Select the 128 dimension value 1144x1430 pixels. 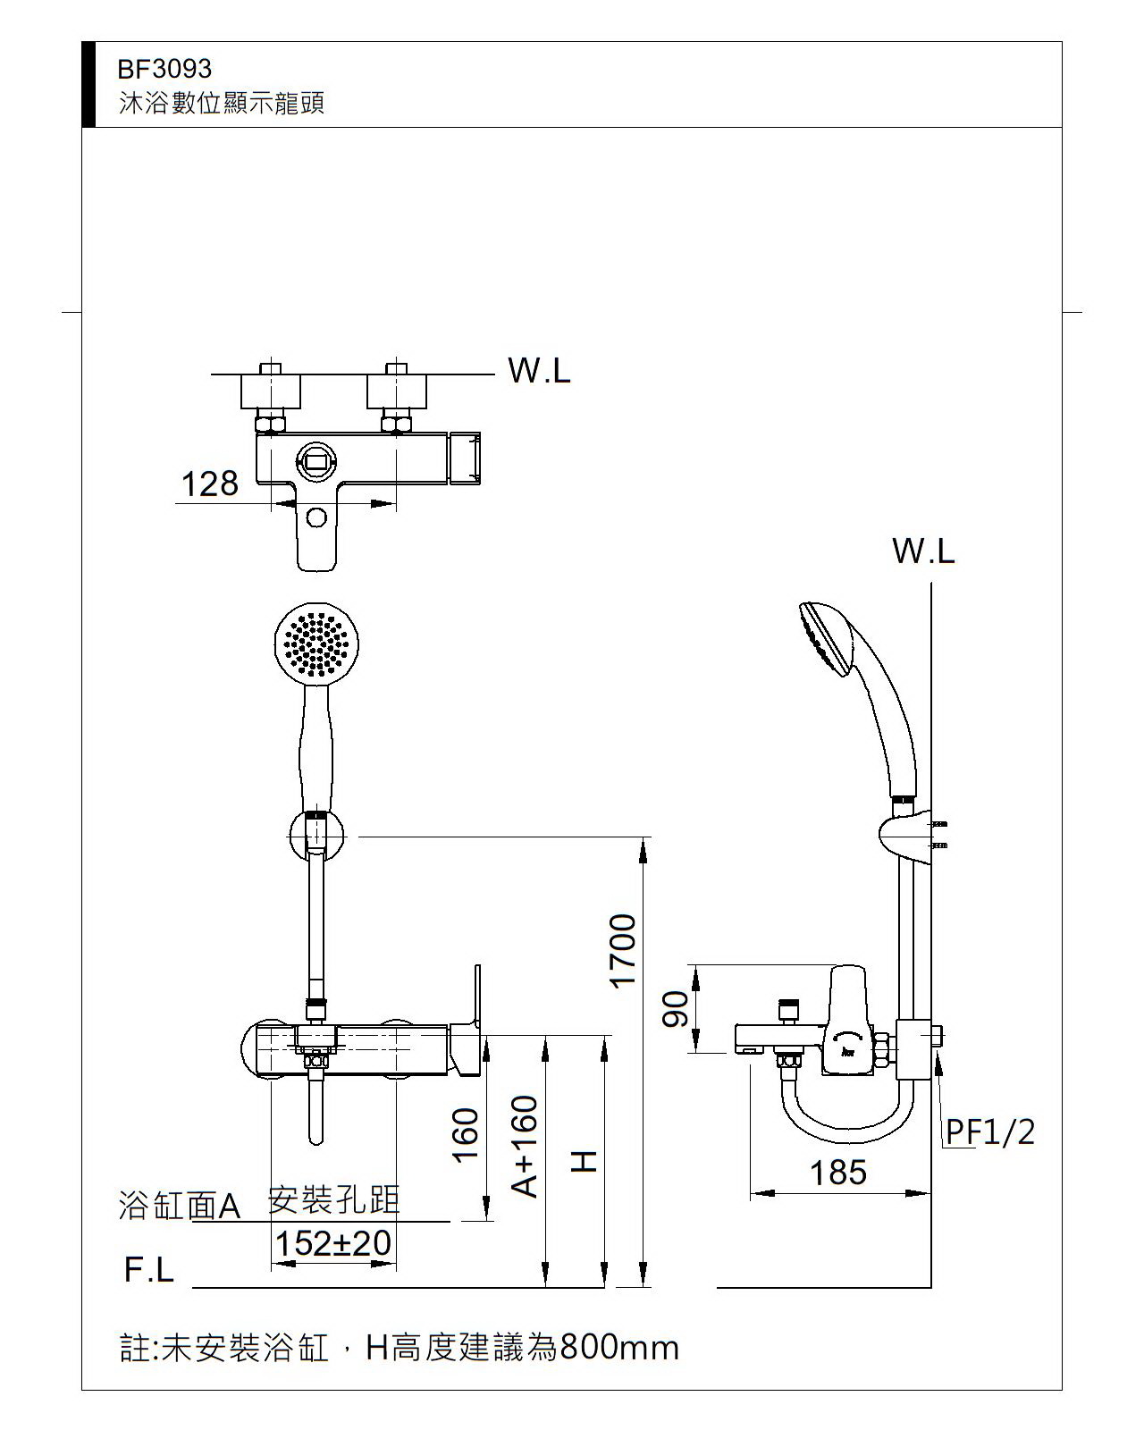click(210, 484)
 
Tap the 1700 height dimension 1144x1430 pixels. click(622, 951)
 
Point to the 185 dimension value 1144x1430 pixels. click(837, 1173)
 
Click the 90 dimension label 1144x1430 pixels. click(676, 1009)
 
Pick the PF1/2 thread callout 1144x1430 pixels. click(990, 1132)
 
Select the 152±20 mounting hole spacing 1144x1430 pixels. click(332, 1243)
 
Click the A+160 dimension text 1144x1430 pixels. click(526, 1147)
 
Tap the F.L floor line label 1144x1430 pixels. click(149, 1270)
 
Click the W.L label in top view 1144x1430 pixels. click(539, 370)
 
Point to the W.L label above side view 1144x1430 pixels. click(923, 551)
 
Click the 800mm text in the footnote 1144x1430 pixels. click(618, 1348)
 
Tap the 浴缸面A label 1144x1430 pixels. click(180, 1207)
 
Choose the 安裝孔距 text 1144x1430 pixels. click(333, 1200)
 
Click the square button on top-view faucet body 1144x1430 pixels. click(316, 461)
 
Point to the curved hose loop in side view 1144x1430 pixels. click(845, 1122)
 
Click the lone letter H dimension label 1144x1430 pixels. click(584, 1162)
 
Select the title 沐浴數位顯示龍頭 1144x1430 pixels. click(222, 103)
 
